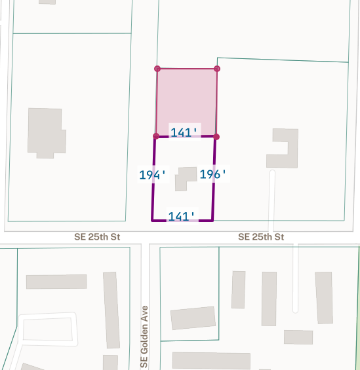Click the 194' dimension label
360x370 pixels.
(x=153, y=175)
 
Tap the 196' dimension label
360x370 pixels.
(x=213, y=174)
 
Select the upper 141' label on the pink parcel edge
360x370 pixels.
(x=184, y=132)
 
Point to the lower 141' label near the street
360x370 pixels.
(x=182, y=216)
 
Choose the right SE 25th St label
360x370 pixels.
(x=261, y=236)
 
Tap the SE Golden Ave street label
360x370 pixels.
(x=145, y=336)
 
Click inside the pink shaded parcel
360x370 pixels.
(x=187, y=98)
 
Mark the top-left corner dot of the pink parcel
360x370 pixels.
(x=157, y=68)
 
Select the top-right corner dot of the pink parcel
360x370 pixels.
(x=217, y=68)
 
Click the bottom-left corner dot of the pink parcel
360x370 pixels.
(x=155, y=136)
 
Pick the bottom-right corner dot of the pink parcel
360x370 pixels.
(x=216, y=136)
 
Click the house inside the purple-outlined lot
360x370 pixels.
(x=184, y=178)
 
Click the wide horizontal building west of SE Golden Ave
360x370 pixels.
(x=56, y=282)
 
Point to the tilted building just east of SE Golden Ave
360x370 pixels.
(x=193, y=318)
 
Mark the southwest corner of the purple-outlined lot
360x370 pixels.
(x=152, y=220)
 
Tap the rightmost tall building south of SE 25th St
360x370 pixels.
(x=324, y=297)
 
